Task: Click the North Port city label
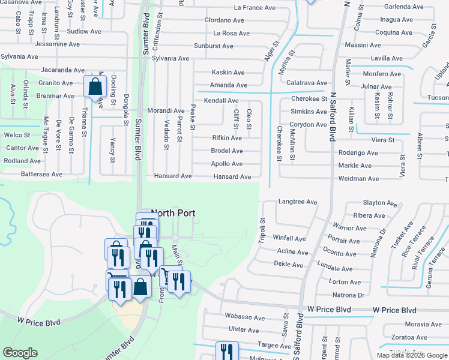point(174,213)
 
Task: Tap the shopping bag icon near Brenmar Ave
point(95,87)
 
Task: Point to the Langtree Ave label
point(298,202)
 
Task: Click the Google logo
point(20,353)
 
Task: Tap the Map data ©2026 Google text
point(412,355)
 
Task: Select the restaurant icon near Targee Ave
point(226,351)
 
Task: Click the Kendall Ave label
point(221,101)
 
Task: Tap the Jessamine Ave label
point(58,44)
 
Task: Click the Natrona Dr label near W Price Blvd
point(348,295)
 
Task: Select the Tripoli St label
point(262,229)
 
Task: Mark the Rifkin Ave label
point(227,138)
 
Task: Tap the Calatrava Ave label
point(307,83)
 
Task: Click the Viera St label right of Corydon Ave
point(382,140)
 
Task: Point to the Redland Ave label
point(22,161)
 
